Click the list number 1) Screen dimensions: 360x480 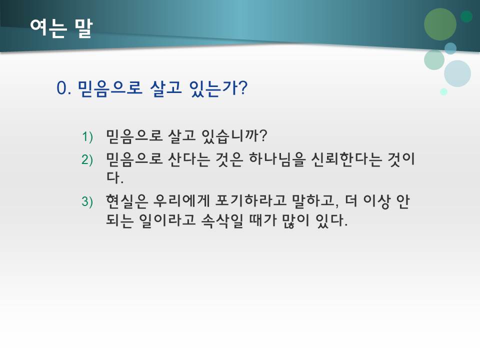pos(87,136)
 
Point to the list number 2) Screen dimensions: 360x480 pos(87,159)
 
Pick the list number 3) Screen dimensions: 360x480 pos(87,201)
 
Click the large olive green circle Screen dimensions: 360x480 pos(440,24)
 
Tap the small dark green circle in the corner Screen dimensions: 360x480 pos(466,16)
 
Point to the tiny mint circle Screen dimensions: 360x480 pos(443,91)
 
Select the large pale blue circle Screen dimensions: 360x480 pos(457,73)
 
